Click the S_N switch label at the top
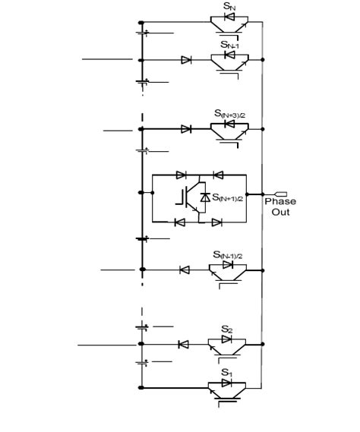[229, 6]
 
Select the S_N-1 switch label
[231, 45]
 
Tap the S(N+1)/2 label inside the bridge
[226, 197]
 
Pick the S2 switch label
[226, 329]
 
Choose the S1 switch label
[226, 372]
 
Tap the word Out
[279, 213]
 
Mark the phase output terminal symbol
[280, 194]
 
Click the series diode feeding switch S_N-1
[186, 59]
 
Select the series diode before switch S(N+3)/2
[186, 129]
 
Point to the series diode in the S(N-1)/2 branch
[183, 270]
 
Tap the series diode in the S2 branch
[183, 344]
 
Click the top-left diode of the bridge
[182, 175]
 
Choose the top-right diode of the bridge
[216, 175]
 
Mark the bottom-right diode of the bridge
[216, 222]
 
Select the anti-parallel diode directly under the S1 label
[226, 383]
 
